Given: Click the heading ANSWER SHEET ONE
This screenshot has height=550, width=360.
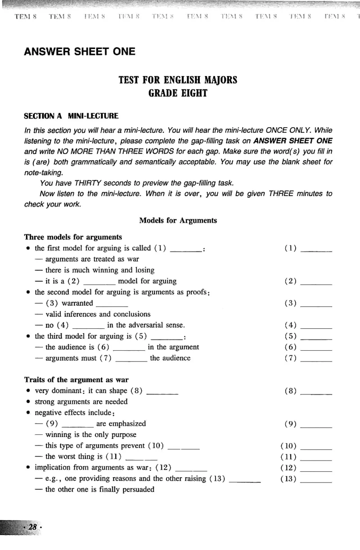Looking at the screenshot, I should click(79, 52).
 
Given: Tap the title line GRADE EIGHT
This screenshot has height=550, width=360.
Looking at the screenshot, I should click(178, 94).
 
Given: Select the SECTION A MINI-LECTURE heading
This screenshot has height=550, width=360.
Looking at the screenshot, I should click(71, 116).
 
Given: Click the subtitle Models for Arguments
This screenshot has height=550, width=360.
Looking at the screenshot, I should click(178, 220).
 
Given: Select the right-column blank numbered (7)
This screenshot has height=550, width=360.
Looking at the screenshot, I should click(316, 359).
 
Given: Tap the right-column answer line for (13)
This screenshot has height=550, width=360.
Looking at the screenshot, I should click(316, 480).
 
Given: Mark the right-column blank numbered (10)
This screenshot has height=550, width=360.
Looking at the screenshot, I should click(316, 447).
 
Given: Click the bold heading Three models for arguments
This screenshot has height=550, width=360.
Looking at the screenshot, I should click(73, 237).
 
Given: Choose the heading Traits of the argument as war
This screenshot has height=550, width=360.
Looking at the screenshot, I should click(76, 380).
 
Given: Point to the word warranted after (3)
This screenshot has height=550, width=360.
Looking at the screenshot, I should click(77, 303).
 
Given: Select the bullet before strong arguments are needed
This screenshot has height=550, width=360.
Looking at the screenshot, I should click(28, 402).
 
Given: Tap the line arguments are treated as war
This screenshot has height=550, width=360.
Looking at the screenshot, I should click(92, 259).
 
